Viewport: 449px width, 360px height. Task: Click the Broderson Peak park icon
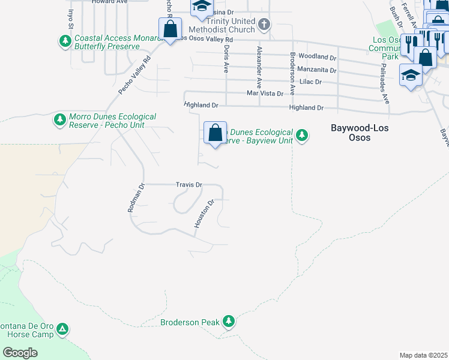pyautogui.click(x=228, y=322)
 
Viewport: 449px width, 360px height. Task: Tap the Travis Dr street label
pyautogui.click(x=188, y=185)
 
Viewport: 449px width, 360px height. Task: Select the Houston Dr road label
pyautogui.click(x=204, y=214)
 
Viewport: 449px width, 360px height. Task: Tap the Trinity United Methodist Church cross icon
pyautogui.click(x=264, y=25)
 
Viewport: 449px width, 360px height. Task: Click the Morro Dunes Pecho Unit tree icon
pyautogui.click(x=59, y=120)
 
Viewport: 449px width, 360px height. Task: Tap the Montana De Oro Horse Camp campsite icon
pyautogui.click(x=62, y=329)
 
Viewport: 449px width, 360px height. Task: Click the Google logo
pyautogui.click(x=20, y=352)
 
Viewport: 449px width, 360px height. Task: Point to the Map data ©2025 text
pyautogui.click(x=423, y=355)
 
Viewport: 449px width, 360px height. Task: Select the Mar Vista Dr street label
pyautogui.click(x=265, y=94)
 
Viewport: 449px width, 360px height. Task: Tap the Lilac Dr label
pyautogui.click(x=310, y=82)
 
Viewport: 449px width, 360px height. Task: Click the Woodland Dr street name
pyautogui.click(x=318, y=57)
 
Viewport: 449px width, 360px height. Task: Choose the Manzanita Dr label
pyautogui.click(x=316, y=70)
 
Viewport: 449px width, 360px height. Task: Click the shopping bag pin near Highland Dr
pyautogui.click(x=215, y=133)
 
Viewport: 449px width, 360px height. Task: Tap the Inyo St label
pyautogui.click(x=70, y=18)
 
